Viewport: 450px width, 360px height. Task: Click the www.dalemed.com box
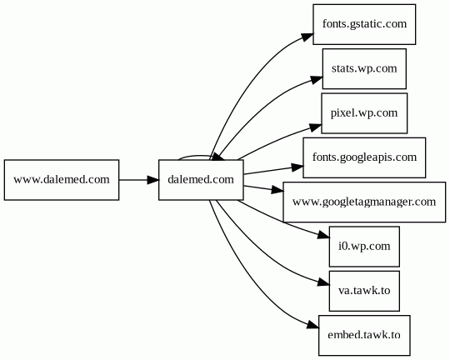(62, 180)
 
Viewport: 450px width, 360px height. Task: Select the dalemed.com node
(201, 180)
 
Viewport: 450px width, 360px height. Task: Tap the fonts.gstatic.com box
(364, 24)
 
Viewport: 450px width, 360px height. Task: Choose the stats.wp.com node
(364, 69)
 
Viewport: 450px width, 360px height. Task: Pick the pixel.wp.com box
(364, 113)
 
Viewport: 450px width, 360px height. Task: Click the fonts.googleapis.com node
(364, 157)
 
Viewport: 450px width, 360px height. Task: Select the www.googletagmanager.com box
(364, 202)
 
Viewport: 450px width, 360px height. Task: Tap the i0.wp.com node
(364, 247)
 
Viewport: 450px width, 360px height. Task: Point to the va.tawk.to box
(364, 291)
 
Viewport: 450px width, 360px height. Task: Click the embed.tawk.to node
(364, 335)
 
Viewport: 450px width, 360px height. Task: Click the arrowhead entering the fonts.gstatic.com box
(307, 37)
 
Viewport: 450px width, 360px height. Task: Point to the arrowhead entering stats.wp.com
(317, 79)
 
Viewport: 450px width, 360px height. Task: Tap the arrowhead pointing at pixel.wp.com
(315, 127)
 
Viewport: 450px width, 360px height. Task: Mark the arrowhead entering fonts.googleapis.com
(297, 167)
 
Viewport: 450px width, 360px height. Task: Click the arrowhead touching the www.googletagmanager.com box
(277, 190)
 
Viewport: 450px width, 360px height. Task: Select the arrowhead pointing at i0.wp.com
(322, 235)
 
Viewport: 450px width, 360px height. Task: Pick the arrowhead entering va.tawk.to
(322, 282)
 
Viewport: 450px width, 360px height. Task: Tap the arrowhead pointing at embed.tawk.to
(312, 326)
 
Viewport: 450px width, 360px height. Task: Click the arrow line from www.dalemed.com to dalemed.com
(139, 180)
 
